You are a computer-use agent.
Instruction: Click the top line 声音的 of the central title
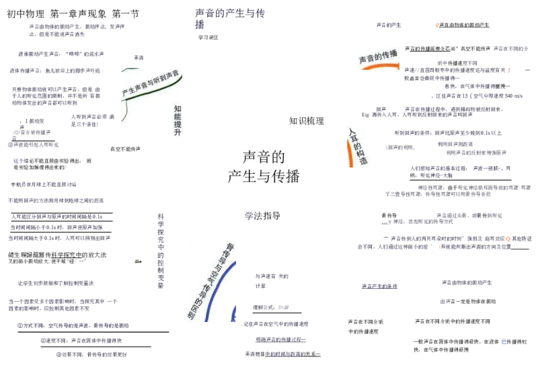click(264, 157)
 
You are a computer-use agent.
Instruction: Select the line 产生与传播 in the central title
click(264, 177)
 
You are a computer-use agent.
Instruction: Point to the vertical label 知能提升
click(178, 120)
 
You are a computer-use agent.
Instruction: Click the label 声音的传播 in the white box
click(378, 58)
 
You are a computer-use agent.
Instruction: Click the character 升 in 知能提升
click(178, 133)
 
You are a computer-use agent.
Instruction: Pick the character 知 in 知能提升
click(178, 108)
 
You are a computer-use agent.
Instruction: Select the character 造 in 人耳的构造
click(364, 161)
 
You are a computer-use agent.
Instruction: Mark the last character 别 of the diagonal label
click(192, 314)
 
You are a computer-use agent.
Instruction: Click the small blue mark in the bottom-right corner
click(503, 343)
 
